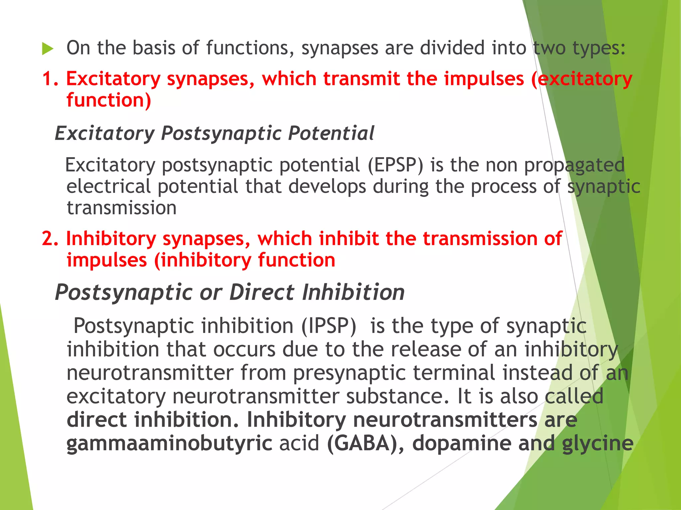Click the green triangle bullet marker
[x=48, y=49]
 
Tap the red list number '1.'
[x=50, y=79]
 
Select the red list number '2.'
[x=50, y=239]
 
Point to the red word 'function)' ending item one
[x=109, y=100]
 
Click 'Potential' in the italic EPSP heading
[x=331, y=133]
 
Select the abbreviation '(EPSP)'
[x=395, y=165]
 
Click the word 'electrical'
[x=108, y=186]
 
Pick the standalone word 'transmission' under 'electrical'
[x=121, y=208]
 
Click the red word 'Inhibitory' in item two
[x=111, y=239]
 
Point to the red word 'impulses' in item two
[x=107, y=260]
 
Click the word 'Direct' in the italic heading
[x=262, y=293]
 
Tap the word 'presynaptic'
[x=349, y=373]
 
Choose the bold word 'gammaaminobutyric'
[x=169, y=444]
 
